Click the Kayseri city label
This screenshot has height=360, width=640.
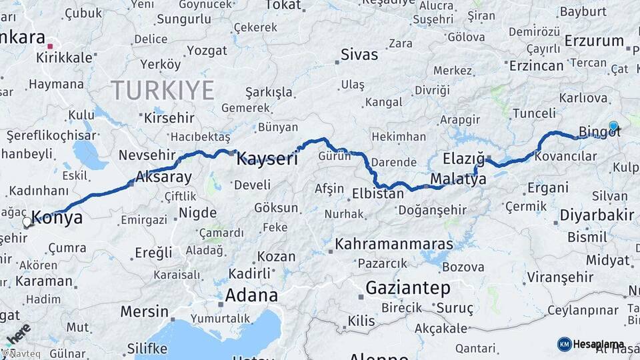(x=267, y=159)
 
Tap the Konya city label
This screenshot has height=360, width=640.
(x=57, y=218)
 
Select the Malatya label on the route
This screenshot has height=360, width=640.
(x=458, y=179)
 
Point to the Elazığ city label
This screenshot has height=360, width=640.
(x=463, y=159)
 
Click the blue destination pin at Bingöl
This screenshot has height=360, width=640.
(x=613, y=125)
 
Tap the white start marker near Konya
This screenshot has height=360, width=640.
(x=27, y=223)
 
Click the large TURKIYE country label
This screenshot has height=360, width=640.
(x=163, y=90)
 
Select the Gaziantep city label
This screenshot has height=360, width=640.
(x=408, y=288)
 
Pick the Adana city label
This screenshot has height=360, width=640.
(x=251, y=295)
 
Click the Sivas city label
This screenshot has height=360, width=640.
(x=359, y=55)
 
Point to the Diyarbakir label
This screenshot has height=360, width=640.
(x=597, y=215)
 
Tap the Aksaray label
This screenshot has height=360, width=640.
(x=163, y=177)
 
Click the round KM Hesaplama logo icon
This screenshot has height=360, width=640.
(x=564, y=344)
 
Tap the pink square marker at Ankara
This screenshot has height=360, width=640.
(x=50, y=46)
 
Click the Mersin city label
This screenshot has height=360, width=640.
(x=145, y=311)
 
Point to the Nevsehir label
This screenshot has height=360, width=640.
(x=147, y=155)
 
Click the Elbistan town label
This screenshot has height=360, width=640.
(x=378, y=194)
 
